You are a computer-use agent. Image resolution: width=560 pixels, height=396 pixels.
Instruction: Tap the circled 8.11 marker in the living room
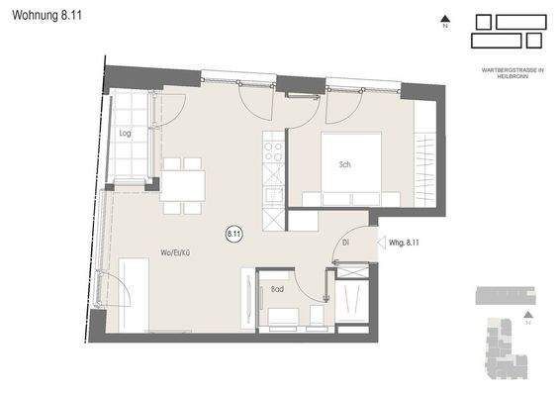tap(234, 234)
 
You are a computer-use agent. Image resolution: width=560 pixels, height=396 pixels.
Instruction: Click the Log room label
tap(126, 133)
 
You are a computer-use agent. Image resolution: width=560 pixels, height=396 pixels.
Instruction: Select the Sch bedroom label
tap(344, 164)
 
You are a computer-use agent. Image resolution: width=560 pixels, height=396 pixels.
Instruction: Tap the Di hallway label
tap(346, 241)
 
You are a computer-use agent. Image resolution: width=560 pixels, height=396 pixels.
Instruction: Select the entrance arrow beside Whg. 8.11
tap(382, 241)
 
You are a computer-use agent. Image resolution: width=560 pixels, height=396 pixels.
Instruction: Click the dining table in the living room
tap(183, 185)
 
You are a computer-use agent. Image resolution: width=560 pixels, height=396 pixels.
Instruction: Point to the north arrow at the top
tap(445, 19)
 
